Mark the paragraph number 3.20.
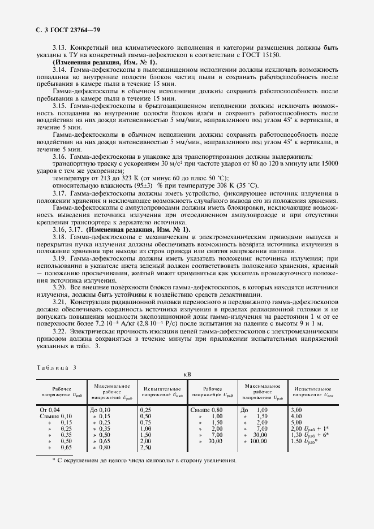(61, 287)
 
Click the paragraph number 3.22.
(61, 332)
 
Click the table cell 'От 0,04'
(50, 409)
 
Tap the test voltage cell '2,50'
(145, 447)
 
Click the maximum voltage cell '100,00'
(258, 441)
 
